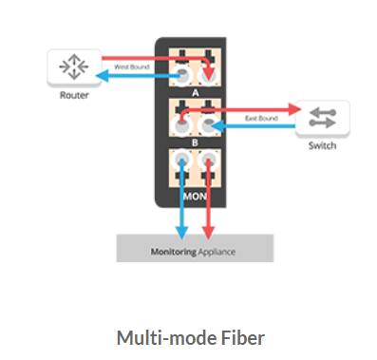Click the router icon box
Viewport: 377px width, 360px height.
[x=71, y=67]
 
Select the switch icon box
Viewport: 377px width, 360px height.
[x=322, y=118]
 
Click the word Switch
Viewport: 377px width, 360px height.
[x=322, y=146]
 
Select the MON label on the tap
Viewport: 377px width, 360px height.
[x=195, y=199]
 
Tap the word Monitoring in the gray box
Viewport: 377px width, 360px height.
[x=173, y=253]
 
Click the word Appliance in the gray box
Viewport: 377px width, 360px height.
[x=220, y=253]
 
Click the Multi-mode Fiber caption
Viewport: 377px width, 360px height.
[x=188, y=336]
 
